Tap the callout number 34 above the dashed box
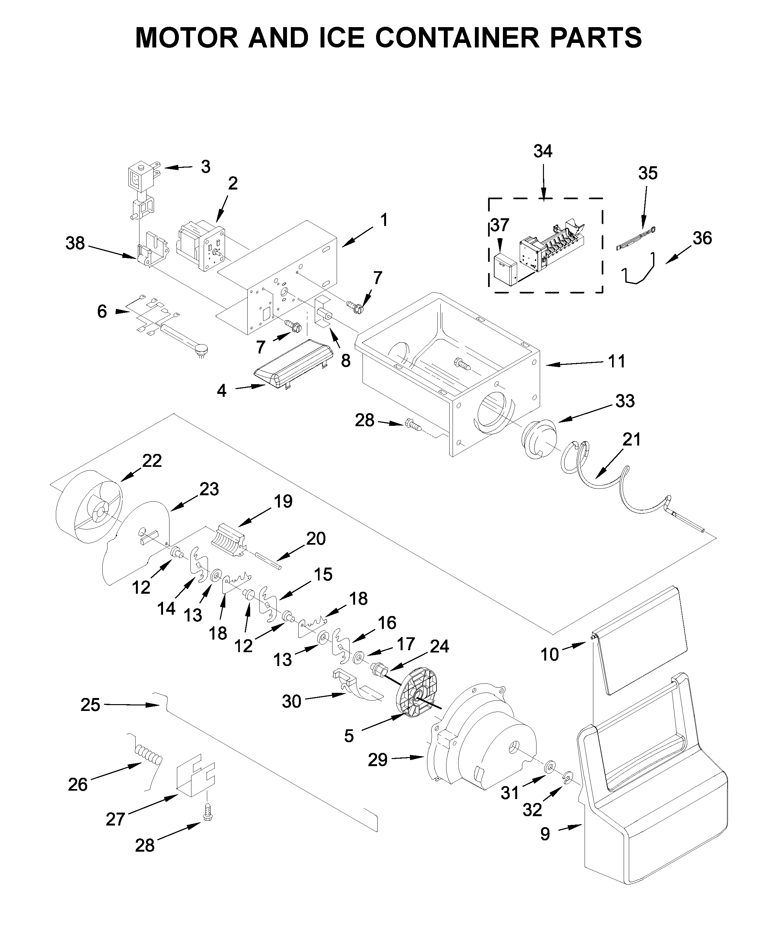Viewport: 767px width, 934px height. [x=543, y=151]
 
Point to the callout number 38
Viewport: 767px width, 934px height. [x=75, y=243]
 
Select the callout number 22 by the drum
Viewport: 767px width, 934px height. [x=152, y=460]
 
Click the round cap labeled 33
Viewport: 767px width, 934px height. [x=538, y=439]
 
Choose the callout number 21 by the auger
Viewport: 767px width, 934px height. [x=631, y=440]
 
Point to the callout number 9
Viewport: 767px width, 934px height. [x=545, y=834]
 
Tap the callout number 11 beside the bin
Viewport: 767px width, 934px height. [x=617, y=361]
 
